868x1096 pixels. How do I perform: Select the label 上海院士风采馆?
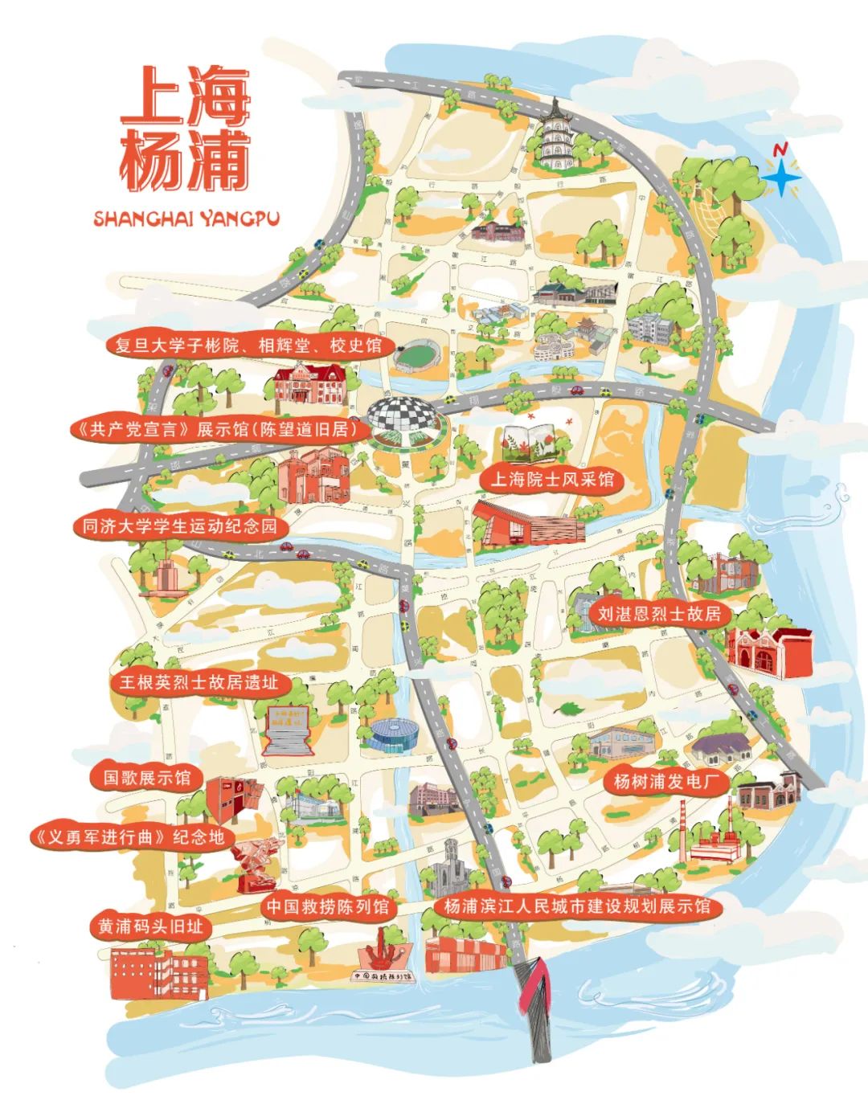click(x=551, y=480)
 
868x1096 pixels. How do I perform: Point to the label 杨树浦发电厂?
click(x=659, y=780)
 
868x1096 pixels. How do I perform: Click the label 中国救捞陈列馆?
click(x=327, y=907)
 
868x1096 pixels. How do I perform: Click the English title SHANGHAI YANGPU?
click(x=186, y=218)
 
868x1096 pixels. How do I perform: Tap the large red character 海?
click(x=218, y=95)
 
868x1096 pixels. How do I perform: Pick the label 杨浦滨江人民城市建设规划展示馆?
click(x=577, y=906)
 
